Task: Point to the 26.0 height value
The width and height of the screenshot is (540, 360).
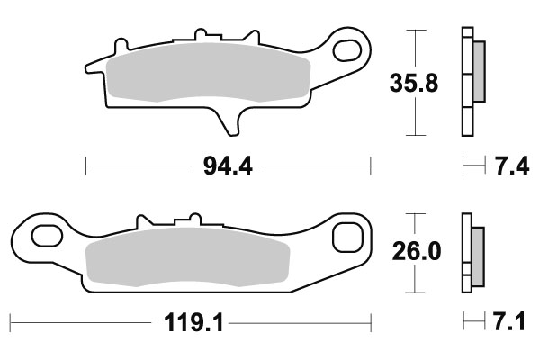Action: [416, 252]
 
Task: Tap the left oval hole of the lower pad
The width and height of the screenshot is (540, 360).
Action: [41, 238]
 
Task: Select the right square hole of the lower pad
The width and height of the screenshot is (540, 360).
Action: [346, 238]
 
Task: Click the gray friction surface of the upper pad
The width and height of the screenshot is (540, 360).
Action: [207, 76]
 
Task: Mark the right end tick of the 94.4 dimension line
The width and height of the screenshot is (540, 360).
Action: [371, 166]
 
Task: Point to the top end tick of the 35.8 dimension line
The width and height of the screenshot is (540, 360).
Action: [415, 31]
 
